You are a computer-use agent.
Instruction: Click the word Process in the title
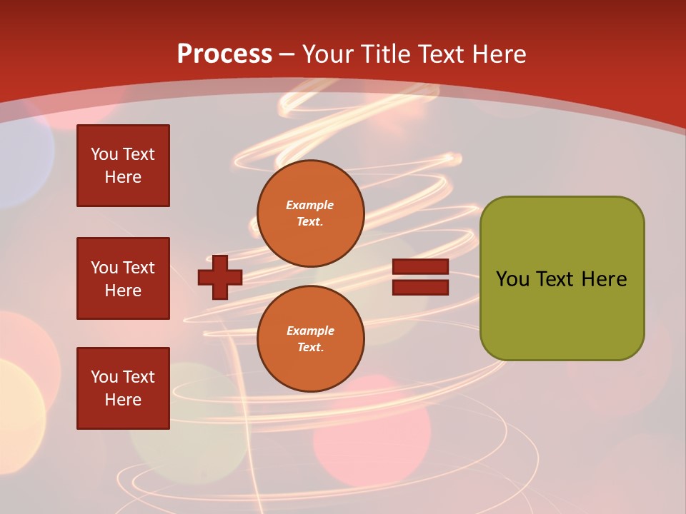(x=224, y=54)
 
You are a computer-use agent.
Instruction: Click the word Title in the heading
(x=384, y=54)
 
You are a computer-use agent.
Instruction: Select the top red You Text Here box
(x=123, y=166)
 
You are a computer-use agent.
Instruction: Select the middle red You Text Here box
(x=123, y=278)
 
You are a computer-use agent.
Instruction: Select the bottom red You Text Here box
(x=123, y=388)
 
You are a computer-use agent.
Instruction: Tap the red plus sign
(x=220, y=277)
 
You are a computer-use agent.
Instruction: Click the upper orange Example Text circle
(x=310, y=213)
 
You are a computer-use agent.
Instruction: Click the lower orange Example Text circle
(x=310, y=339)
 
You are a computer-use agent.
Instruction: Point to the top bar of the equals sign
(x=421, y=267)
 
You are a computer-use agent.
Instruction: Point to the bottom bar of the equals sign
(x=421, y=287)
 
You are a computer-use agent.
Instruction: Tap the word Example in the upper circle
(x=310, y=205)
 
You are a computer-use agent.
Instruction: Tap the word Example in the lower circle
(x=310, y=331)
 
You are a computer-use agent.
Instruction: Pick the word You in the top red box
(x=104, y=154)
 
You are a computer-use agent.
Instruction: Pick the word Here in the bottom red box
(x=123, y=400)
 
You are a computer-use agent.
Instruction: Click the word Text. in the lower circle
(x=310, y=348)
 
